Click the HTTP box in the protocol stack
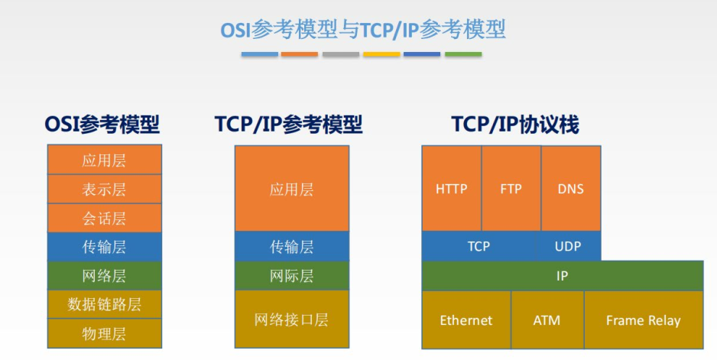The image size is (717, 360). click(451, 189)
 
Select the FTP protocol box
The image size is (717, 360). click(511, 189)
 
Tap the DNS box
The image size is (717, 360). click(571, 189)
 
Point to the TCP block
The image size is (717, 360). click(479, 246)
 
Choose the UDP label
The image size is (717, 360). click(568, 247)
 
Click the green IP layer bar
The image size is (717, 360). click(563, 276)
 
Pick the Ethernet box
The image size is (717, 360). click(466, 319)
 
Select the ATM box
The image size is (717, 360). click(547, 319)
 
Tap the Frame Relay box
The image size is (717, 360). click(644, 319)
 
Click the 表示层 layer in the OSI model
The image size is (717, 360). click(104, 189)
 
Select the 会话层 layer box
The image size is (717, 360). click(104, 218)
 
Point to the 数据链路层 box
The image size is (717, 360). click(104, 304)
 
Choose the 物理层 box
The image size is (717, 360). click(104, 333)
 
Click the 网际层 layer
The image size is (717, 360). click(292, 276)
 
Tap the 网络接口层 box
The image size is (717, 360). click(292, 319)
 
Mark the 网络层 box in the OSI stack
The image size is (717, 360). click(104, 276)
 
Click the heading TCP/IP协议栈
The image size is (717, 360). click(515, 125)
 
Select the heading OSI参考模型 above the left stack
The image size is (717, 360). click(102, 125)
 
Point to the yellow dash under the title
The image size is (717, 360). click(381, 54)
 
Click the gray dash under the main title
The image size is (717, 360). click(341, 54)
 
